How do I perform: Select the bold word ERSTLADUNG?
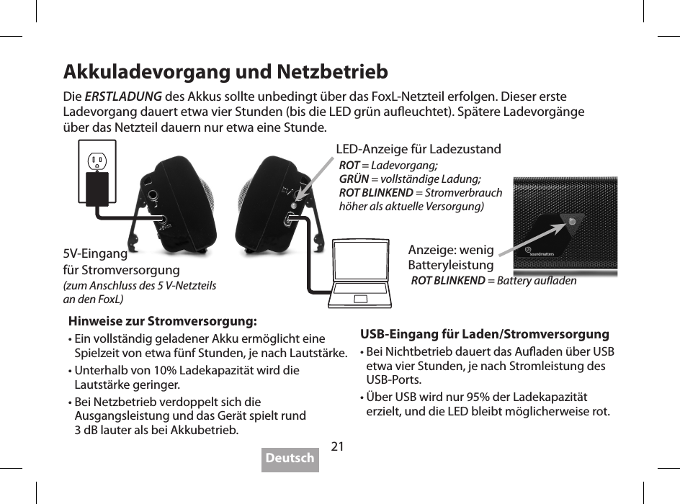(123, 97)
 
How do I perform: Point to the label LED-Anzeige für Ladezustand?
(419, 150)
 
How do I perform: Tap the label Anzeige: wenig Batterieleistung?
(451, 257)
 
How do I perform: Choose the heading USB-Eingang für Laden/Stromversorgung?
(484, 334)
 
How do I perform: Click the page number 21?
(337, 446)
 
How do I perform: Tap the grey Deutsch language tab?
(290, 459)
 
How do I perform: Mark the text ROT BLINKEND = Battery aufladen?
(493, 281)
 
